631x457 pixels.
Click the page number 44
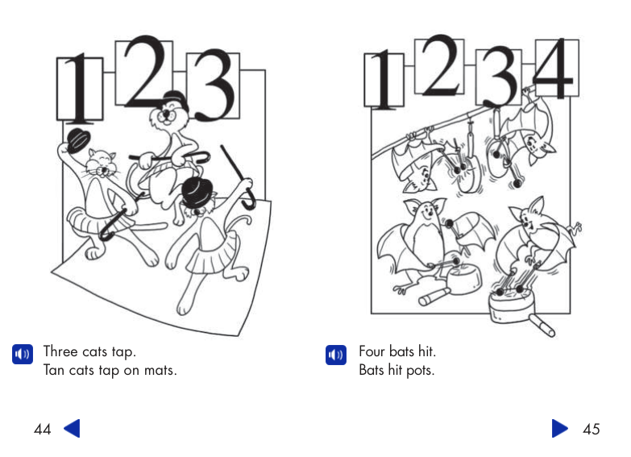[43, 430]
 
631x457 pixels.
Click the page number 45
[591, 430]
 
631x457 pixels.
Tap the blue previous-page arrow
[72, 429]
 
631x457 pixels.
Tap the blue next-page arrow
[560, 429]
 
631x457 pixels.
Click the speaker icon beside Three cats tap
[23, 354]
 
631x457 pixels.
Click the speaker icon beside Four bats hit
[335, 354]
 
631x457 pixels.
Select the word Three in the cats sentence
[60, 351]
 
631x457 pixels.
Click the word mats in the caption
[159, 371]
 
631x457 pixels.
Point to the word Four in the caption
[372, 351]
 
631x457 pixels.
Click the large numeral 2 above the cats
[145, 73]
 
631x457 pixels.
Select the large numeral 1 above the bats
[384, 81]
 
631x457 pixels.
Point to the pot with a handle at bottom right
[516, 310]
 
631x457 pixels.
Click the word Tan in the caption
[54, 371]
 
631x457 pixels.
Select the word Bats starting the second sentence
[372, 371]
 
